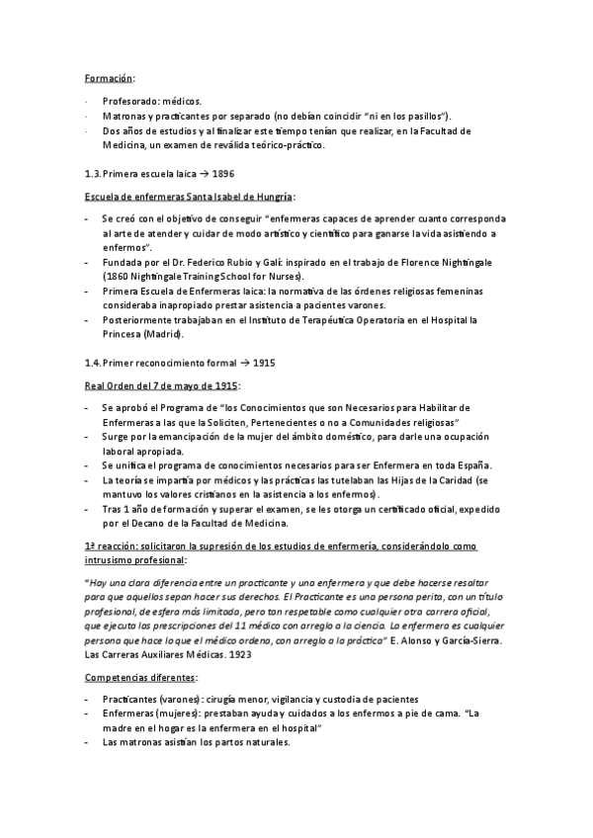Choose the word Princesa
coord(126,335)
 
